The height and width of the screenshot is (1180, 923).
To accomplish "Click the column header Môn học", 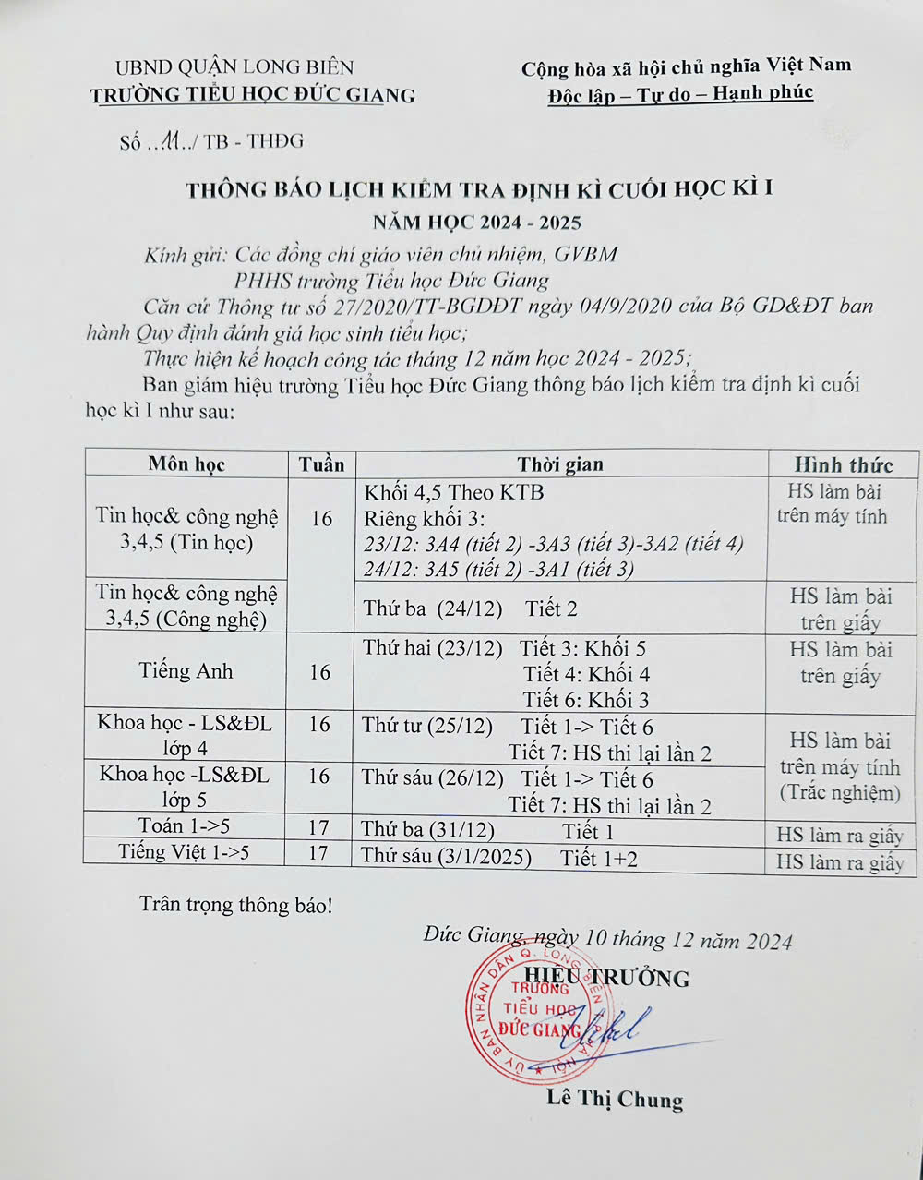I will point(186,464).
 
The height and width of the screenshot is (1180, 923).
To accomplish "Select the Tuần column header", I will point(321,464).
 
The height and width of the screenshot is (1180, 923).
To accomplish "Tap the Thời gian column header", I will point(559,464).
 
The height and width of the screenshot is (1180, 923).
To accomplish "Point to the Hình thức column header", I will point(844,464).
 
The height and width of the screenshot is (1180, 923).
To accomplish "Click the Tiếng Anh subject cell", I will point(186,671).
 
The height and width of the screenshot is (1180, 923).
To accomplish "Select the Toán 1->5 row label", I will point(185,825).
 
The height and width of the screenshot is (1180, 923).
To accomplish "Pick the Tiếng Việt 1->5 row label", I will point(184,851).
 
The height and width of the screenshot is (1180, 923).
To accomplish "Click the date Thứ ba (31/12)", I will point(427,829).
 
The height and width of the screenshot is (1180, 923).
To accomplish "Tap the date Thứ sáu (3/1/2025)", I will point(446,856).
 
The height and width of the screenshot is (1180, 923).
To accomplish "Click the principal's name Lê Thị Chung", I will point(615,1098).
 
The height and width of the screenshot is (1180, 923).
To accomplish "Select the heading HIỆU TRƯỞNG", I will point(606,977).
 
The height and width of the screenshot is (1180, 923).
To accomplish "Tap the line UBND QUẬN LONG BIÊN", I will point(234,66).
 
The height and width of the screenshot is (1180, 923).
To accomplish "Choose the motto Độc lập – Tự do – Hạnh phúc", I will point(680,94).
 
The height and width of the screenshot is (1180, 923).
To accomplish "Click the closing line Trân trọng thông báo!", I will point(235,904).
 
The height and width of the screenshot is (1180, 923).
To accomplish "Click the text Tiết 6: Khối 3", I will point(586,700).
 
